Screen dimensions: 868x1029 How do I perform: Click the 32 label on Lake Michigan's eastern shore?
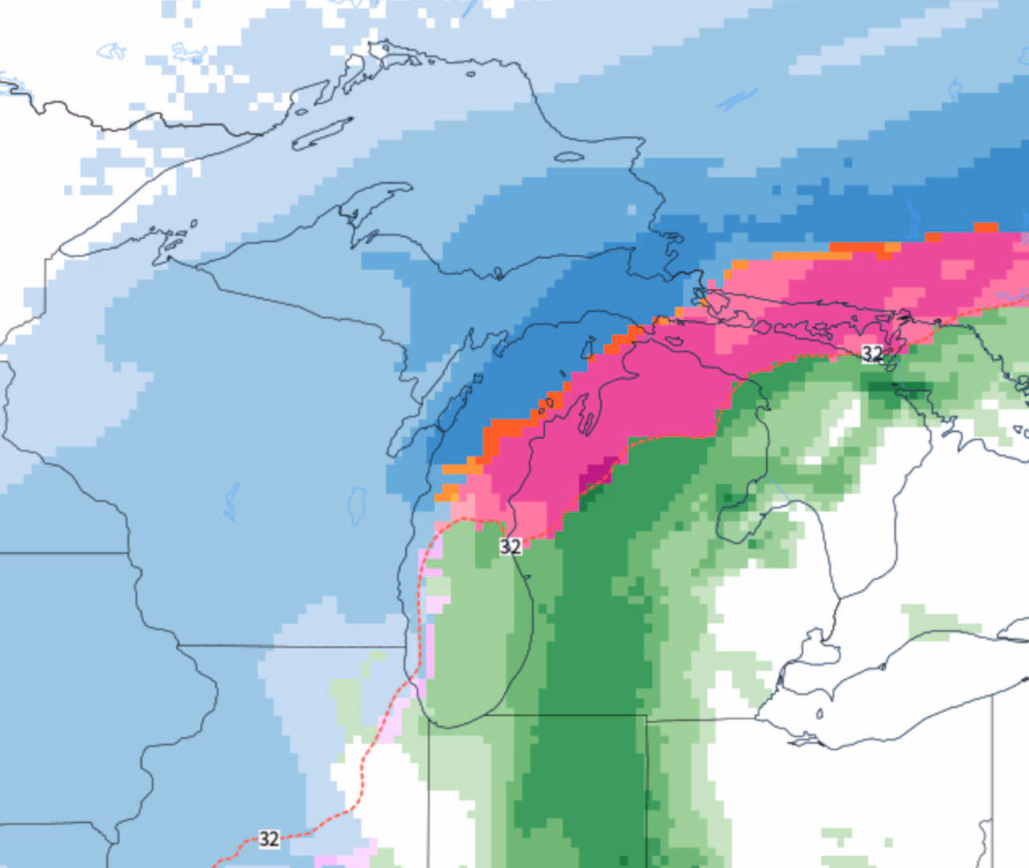click(510, 547)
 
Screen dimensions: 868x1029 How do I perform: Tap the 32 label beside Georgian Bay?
click(872, 354)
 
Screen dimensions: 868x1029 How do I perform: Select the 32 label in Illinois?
click(269, 838)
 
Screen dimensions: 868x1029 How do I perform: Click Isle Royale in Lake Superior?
click(322, 133)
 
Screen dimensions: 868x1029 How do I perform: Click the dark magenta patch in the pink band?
click(598, 473)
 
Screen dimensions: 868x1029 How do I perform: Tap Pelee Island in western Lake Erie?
click(819, 713)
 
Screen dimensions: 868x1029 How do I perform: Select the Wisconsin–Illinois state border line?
click(289, 645)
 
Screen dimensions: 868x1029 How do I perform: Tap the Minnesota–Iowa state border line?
click(64, 553)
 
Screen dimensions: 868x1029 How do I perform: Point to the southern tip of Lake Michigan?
click(450, 726)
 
